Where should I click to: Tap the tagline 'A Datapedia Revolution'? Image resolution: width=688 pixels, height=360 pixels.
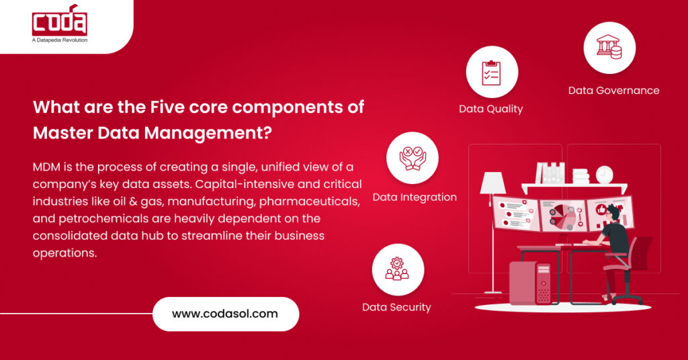tap(59, 40)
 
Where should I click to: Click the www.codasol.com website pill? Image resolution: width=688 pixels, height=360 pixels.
tap(225, 314)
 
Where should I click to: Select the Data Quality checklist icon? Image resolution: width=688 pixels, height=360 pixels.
tap(492, 72)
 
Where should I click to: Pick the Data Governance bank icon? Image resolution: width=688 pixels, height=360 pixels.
tap(609, 47)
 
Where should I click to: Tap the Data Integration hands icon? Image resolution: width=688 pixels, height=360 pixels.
tap(412, 158)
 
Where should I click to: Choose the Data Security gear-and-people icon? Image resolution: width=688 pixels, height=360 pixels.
tap(397, 269)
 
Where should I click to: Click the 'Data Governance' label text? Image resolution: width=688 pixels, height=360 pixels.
tap(613, 91)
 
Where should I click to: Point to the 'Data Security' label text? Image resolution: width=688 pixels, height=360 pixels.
tap(396, 308)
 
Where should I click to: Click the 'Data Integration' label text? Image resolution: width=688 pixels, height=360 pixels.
tap(415, 197)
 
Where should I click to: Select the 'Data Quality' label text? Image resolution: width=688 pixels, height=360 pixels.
tap(490, 109)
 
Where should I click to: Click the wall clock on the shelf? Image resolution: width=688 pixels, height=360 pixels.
tap(604, 175)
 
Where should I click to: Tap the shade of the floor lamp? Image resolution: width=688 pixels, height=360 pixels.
tap(492, 183)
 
